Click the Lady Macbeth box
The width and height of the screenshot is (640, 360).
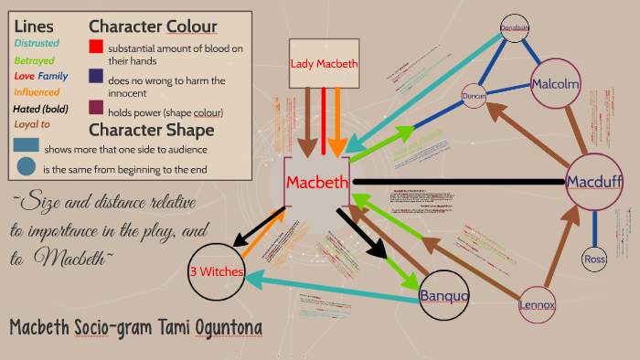[324, 64]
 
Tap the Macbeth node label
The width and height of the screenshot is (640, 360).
[316, 182]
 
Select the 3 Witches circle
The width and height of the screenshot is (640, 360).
[218, 271]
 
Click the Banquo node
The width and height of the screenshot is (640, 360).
[444, 296]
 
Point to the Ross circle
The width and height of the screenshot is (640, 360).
[594, 259]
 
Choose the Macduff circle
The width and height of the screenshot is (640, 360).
[594, 182]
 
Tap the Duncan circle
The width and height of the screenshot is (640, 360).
[474, 95]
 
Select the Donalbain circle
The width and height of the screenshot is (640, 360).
[516, 27]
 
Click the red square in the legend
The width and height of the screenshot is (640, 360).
[96, 47]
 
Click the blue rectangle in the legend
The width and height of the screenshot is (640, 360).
[26, 146]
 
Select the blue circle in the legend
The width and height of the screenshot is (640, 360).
[26, 167]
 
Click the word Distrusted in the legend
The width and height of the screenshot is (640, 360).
[37, 43]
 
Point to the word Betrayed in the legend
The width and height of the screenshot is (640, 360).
[35, 59]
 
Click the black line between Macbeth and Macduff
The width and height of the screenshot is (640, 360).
[457, 182]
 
